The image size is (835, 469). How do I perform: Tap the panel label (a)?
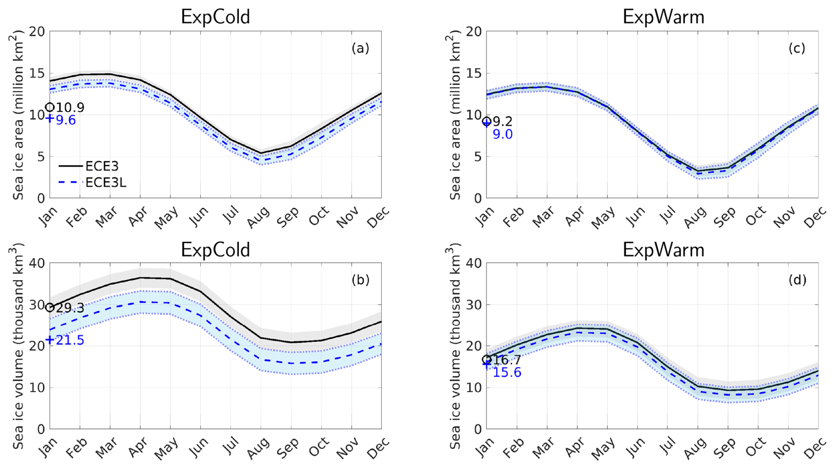click(360, 48)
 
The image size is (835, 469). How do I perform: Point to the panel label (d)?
click(797, 280)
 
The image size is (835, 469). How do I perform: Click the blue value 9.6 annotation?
click(66, 120)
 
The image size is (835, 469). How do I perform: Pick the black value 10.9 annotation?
click(70, 107)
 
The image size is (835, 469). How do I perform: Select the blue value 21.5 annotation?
click(70, 340)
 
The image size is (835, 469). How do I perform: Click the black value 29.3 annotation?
click(70, 308)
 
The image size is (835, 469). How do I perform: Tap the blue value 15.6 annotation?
click(507, 372)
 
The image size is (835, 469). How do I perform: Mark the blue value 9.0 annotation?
click(502, 135)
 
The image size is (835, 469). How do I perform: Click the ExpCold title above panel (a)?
click(215, 17)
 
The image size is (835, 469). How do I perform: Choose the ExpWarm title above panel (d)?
click(663, 250)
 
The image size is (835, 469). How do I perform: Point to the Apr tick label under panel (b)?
click(138, 447)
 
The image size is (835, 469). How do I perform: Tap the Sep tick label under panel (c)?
click(725, 217)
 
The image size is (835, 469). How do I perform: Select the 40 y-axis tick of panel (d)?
click(476, 263)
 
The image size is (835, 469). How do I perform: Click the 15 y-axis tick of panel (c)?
click(476, 73)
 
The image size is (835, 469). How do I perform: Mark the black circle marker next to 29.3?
click(50, 307)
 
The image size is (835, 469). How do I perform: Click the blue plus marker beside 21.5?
click(50, 340)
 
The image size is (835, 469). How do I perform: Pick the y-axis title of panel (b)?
click(18, 346)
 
